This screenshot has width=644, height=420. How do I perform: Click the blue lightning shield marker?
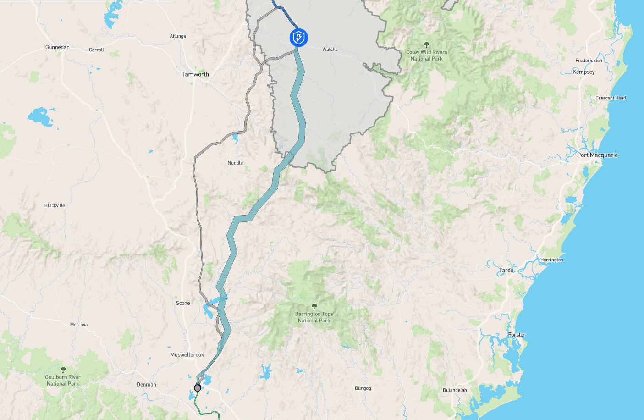pyautogui.click(x=298, y=38)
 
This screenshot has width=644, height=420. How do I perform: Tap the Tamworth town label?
pyautogui.click(x=195, y=74)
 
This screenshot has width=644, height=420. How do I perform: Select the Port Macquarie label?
pyautogui.click(x=597, y=155)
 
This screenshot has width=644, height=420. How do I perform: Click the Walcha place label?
pyautogui.click(x=330, y=49)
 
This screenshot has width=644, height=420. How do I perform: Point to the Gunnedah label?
pyautogui.click(x=57, y=47)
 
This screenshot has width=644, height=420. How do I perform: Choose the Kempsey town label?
pyautogui.click(x=583, y=72)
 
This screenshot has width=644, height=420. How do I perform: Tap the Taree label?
pyautogui.click(x=506, y=271)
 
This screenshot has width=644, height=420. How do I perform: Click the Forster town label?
pyautogui.click(x=516, y=335)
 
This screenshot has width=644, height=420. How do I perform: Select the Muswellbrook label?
pyautogui.click(x=187, y=355)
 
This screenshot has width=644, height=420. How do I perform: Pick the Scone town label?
pyautogui.click(x=182, y=303)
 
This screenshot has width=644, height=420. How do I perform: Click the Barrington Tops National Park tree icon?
pyautogui.click(x=314, y=306)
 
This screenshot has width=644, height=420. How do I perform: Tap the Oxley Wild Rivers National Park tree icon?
pyautogui.click(x=427, y=44)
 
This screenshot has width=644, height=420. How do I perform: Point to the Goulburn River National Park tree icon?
pyautogui.click(x=63, y=370)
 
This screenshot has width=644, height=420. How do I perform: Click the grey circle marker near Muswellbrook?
pyautogui.click(x=198, y=388)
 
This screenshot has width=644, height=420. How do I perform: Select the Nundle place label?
pyautogui.click(x=235, y=163)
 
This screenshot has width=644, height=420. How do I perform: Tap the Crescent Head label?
pyautogui.click(x=610, y=98)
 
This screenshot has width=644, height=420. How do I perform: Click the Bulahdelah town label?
pyautogui.click(x=454, y=390)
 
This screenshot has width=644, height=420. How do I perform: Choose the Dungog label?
pyautogui.click(x=363, y=388)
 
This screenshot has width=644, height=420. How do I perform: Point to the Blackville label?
pyautogui.click(x=55, y=205)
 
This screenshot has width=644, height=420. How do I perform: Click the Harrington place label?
pyautogui.click(x=551, y=260)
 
